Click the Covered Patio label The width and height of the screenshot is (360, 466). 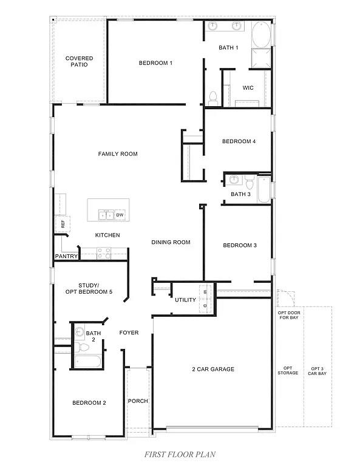[80, 61]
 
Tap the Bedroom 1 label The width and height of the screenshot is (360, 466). [155, 63]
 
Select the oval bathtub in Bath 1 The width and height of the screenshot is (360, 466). [262, 36]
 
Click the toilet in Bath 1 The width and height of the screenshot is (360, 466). [213, 96]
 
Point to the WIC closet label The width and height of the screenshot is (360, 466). [248, 88]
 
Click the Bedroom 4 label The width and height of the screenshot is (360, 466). [239, 141]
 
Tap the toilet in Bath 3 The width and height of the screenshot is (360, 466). [250, 181]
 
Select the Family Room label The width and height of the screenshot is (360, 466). [118, 154]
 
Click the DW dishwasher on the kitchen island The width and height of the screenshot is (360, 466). [120, 215]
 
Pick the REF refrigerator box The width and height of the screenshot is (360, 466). [62, 223]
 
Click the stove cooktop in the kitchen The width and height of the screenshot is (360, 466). [104, 252]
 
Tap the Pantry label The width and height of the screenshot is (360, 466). [66, 257]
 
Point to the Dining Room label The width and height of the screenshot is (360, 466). [171, 243]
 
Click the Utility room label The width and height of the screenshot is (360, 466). [185, 300]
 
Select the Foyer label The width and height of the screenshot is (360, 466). [129, 333]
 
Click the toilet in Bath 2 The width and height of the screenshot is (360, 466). [81, 348]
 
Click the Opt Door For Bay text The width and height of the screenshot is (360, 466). [288, 314]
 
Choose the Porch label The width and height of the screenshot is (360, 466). [138, 401]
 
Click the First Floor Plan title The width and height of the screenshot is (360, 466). [180, 454]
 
